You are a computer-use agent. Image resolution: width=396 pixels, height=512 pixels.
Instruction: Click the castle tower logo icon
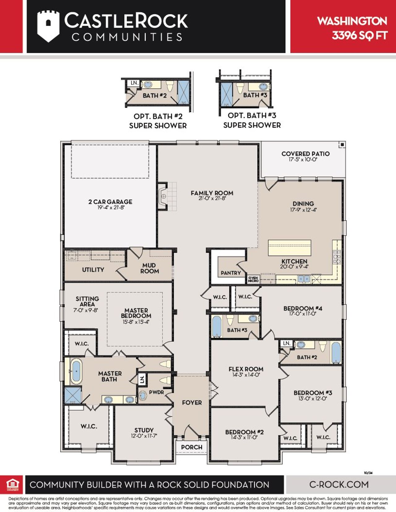[48, 26]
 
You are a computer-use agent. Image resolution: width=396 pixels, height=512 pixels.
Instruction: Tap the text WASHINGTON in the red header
[352, 21]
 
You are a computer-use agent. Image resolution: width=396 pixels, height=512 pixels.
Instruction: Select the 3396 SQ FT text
[359, 36]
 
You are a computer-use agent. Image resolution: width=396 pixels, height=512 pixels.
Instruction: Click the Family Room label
[212, 193]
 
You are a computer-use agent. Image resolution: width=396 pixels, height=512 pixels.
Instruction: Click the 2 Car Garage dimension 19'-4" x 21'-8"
[110, 207]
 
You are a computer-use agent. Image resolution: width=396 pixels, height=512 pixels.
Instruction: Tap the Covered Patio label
[305, 154]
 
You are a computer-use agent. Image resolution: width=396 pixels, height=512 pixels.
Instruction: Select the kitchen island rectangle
[289, 247]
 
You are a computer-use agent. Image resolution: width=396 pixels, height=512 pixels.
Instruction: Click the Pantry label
[230, 273]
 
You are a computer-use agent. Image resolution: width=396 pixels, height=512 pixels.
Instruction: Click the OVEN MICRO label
[253, 279]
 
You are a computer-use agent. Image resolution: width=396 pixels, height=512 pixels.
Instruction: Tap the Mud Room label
[149, 268]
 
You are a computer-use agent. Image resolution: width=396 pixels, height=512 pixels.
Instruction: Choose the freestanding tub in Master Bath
[75, 371]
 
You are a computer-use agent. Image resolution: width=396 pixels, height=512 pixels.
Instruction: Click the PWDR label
[156, 392]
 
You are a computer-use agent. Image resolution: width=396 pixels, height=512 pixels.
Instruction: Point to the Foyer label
[192, 403]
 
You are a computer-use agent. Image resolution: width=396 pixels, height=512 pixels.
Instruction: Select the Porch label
[192, 447]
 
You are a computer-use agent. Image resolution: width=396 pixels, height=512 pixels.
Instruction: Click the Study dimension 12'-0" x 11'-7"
[144, 436]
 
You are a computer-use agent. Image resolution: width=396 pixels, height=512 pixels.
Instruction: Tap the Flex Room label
[246, 369]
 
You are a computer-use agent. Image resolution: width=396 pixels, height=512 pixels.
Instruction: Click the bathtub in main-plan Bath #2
[336, 352]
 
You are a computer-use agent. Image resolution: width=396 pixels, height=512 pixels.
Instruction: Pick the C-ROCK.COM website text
[339, 484]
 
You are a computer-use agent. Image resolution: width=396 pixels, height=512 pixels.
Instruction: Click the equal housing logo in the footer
[13, 484]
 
